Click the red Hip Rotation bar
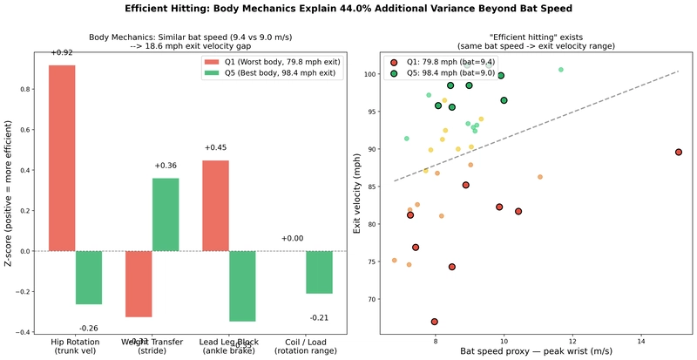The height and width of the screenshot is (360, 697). [x=62, y=158]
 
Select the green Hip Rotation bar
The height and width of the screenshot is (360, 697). [x=88, y=277]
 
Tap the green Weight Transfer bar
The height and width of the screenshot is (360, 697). [x=166, y=214]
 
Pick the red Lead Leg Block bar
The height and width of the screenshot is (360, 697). [x=215, y=206]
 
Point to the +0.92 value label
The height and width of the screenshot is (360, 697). [x=61, y=53]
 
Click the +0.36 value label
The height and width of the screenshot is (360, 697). [x=166, y=166]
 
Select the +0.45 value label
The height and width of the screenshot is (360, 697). [x=215, y=148]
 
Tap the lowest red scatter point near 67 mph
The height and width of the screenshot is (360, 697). [x=434, y=322]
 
